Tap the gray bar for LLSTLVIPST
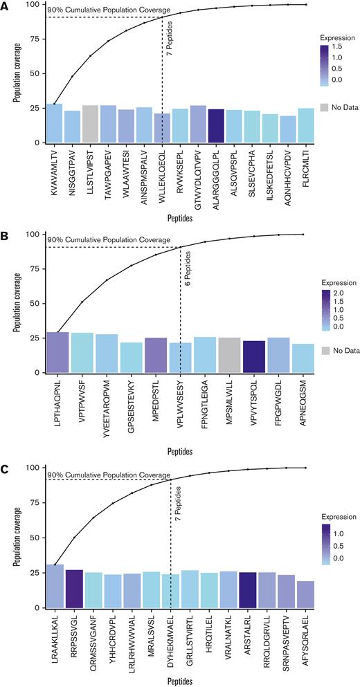tap(90, 124)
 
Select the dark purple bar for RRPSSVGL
tap(74, 589)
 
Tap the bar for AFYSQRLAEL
tap(305, 594)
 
